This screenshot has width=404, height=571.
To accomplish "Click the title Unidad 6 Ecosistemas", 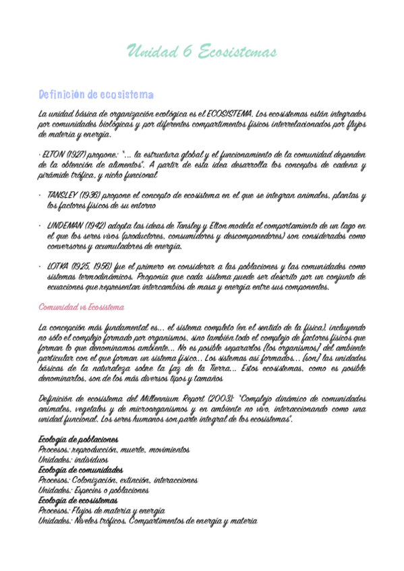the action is [x=202, y=52].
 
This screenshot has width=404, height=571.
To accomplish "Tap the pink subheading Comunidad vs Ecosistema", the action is [x=82, y=307].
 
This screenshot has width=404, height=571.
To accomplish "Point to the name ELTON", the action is [x=55, y=154].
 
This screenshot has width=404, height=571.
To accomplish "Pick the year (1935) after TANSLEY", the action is [x=92, y=195].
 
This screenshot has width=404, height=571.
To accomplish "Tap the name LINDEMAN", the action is [x=66, y=226].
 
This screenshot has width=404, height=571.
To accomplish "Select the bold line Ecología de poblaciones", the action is [x=79, y=440].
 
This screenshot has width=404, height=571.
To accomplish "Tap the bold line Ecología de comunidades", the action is [x=81, y=469].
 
